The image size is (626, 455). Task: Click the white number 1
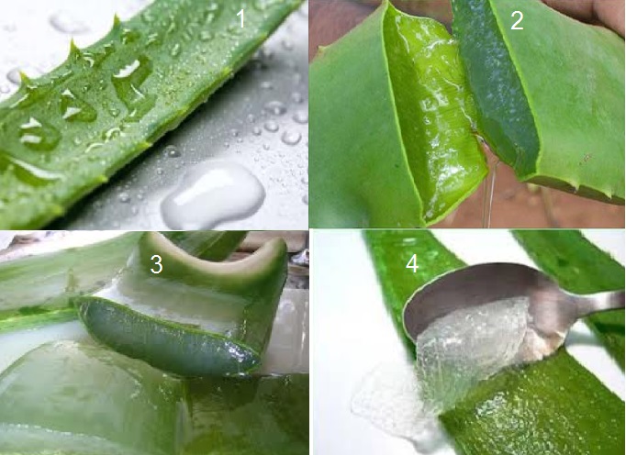coord(240,18)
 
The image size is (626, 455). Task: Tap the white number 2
coord(517,20)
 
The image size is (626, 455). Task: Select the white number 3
coord(156,264)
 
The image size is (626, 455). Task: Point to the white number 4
coord(412,263)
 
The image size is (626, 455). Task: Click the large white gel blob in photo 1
coord(212,194)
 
